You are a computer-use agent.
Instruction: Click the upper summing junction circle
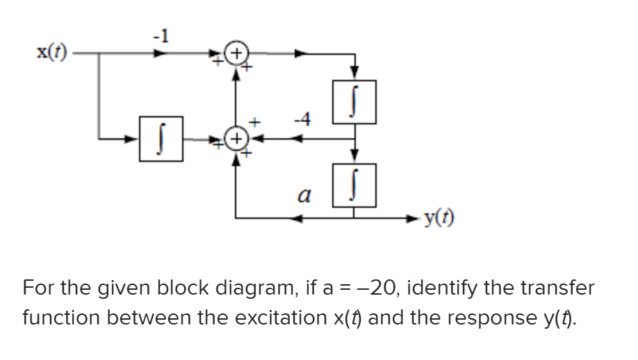(237, 54)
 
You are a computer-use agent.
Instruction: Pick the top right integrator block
(355, 101)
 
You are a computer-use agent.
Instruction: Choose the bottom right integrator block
(355, 184)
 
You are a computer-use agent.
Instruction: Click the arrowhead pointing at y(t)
(412, 219)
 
